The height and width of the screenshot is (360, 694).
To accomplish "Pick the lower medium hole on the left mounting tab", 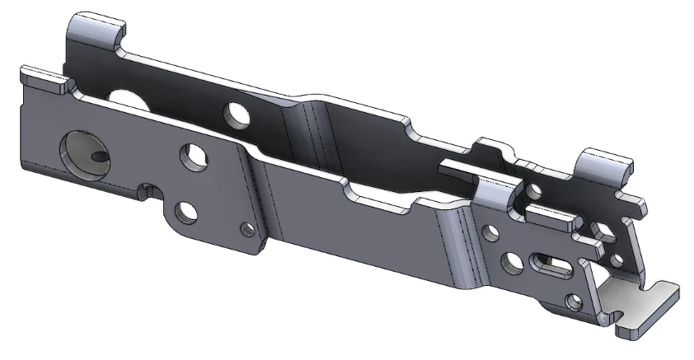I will (x=188, y=211).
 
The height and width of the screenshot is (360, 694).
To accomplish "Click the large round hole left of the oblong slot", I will (x=513, y=261).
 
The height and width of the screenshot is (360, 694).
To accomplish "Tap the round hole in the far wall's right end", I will (x=534, y=191).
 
